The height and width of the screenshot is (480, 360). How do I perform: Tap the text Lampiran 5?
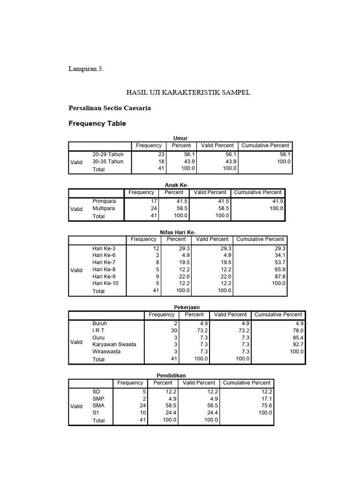click(x=86, y=69)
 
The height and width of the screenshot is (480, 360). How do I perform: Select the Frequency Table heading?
click(x=97, y=124)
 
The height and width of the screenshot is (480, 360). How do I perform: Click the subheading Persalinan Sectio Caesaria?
click(x=110, y=108)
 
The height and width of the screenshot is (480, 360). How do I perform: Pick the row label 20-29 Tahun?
click(x=108, y=154)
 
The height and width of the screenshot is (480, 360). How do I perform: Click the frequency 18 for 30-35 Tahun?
click(x=159, y=161)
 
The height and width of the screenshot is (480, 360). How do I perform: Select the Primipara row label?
click(x=104, y=201)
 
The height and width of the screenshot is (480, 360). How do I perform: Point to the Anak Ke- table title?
click(x=176, y=185)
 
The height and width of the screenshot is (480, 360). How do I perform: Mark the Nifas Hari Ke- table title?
click(x=178, y=232)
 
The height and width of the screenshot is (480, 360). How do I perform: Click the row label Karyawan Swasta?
click(x=114, y=344)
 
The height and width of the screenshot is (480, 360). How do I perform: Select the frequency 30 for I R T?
click(x=175, y=330)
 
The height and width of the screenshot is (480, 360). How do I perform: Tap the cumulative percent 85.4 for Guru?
click(x=297, y=337)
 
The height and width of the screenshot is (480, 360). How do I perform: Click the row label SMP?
click(x=99, y=399)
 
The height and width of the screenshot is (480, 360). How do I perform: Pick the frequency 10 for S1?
click(x=143, y=413)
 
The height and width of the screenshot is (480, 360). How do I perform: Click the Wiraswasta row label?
click(x=107, y=351)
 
